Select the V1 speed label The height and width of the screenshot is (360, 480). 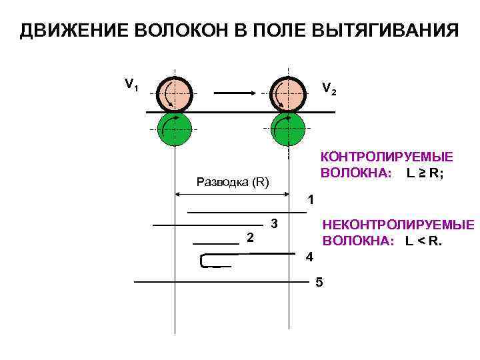131,85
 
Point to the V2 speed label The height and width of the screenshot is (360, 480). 329,88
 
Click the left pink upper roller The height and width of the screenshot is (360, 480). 175,93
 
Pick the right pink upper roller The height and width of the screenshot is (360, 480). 288,93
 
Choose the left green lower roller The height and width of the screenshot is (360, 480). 175,129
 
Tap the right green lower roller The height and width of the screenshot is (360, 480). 288,129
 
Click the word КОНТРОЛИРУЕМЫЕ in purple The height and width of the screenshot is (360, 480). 387,157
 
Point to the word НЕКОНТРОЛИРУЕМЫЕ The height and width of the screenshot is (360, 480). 398,225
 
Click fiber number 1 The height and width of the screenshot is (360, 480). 247,212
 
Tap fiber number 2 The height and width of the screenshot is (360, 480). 216,245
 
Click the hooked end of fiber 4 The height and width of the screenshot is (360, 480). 203,261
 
